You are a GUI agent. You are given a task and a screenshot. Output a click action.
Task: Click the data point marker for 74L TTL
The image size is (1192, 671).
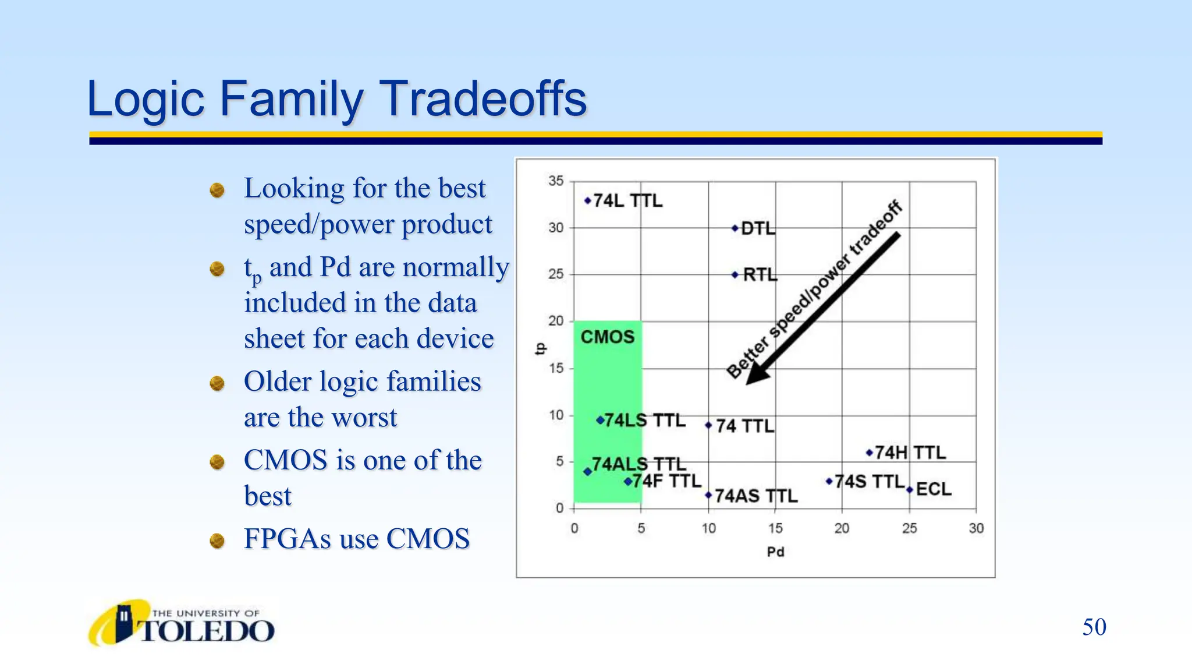(587, 201)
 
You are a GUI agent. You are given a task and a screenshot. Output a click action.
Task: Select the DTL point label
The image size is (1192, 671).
(758, 228)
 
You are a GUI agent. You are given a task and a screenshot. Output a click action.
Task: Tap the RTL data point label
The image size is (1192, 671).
(760, 274)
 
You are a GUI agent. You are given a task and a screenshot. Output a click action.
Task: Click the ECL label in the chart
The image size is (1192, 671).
(934, 489)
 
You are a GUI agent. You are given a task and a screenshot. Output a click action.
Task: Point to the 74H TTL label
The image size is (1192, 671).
(910, 453)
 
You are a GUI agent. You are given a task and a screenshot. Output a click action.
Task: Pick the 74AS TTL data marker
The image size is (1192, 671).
(708, 495)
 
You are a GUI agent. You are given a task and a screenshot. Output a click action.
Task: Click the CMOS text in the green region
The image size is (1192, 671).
(607, 337)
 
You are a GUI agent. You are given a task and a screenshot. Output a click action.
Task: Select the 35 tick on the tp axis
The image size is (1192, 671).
(556, 181)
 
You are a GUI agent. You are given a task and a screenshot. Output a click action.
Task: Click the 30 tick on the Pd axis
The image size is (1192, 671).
(976, 528)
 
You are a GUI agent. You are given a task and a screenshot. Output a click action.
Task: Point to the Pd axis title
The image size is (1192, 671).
(775, 552)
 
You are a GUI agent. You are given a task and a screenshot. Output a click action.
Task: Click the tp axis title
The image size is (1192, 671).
(540, 348)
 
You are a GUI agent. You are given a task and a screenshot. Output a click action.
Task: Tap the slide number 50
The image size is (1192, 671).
(1094, 627)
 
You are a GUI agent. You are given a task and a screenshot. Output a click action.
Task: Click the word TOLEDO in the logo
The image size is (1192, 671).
(207, 631)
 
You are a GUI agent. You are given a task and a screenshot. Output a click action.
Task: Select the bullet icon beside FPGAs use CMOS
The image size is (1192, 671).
(217, 541)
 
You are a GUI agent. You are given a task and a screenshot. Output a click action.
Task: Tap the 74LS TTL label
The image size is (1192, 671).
(644, 421)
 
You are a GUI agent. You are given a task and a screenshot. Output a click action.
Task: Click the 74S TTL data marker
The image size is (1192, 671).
(829, 481)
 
